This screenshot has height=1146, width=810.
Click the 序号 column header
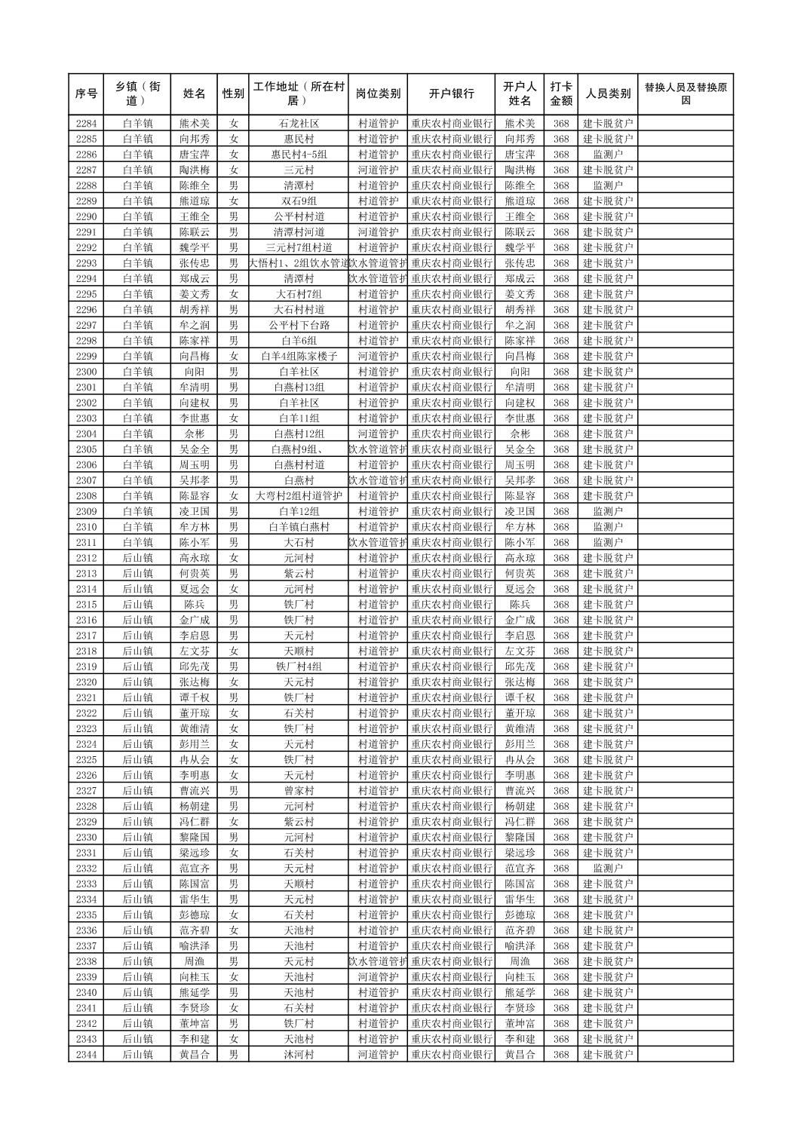coord(86,94)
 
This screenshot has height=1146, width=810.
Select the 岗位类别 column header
coord(378,94)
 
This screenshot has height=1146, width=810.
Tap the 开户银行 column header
coord(451,94)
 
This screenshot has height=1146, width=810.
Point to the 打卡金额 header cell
coord(560,94)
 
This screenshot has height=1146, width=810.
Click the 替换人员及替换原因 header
coord(685,94)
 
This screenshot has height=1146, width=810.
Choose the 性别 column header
coord(233,94)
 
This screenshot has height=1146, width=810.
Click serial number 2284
coord(86,124)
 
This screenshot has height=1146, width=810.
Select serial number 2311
coord(86,542)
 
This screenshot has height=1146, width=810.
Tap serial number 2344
coord(86,1055)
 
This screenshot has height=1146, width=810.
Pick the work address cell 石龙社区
coord(299,124)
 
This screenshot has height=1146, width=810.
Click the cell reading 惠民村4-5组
coord(299,155)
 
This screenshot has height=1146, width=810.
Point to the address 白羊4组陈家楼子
coord(299,356)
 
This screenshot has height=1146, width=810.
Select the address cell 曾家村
coord(299,791)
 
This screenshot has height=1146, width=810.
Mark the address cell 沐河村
coord(299,1055)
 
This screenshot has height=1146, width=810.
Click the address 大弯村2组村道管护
coord(299,496)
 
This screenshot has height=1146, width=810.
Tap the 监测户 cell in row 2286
coord(608,155)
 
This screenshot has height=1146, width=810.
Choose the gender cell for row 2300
coord(233,372)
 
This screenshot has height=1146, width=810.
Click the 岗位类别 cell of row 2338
coord(378,961)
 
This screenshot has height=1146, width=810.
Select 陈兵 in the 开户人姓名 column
coord(520,605)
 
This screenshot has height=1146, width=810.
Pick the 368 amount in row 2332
coord(560,869)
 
